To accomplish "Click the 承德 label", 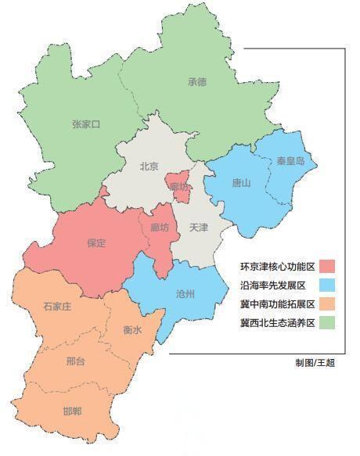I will (x=196, y=81).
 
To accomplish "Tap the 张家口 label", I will (x=86, y=124).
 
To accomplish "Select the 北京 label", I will (x=149, y=166).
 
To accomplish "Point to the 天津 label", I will (x=199, y=227).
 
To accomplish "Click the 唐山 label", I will (x=241, y=183).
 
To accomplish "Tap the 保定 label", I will (x=96, y=242).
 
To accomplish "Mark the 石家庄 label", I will (x=57, y=307).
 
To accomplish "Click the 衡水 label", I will (x=132, y=331).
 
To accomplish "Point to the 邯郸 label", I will (x=72, y=412).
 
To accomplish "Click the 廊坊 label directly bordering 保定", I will (x=159, y=227).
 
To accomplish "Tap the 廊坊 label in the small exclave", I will (x=179, y=186).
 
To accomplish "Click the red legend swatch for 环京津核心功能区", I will (x=327, y=266).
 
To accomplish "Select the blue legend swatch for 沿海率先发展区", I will (x=327, y=285).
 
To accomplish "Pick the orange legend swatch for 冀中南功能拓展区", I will (x=327, y=303).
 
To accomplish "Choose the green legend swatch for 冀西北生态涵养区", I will (x=327, y=322).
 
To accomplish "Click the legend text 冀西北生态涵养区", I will (x=277, y=322).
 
